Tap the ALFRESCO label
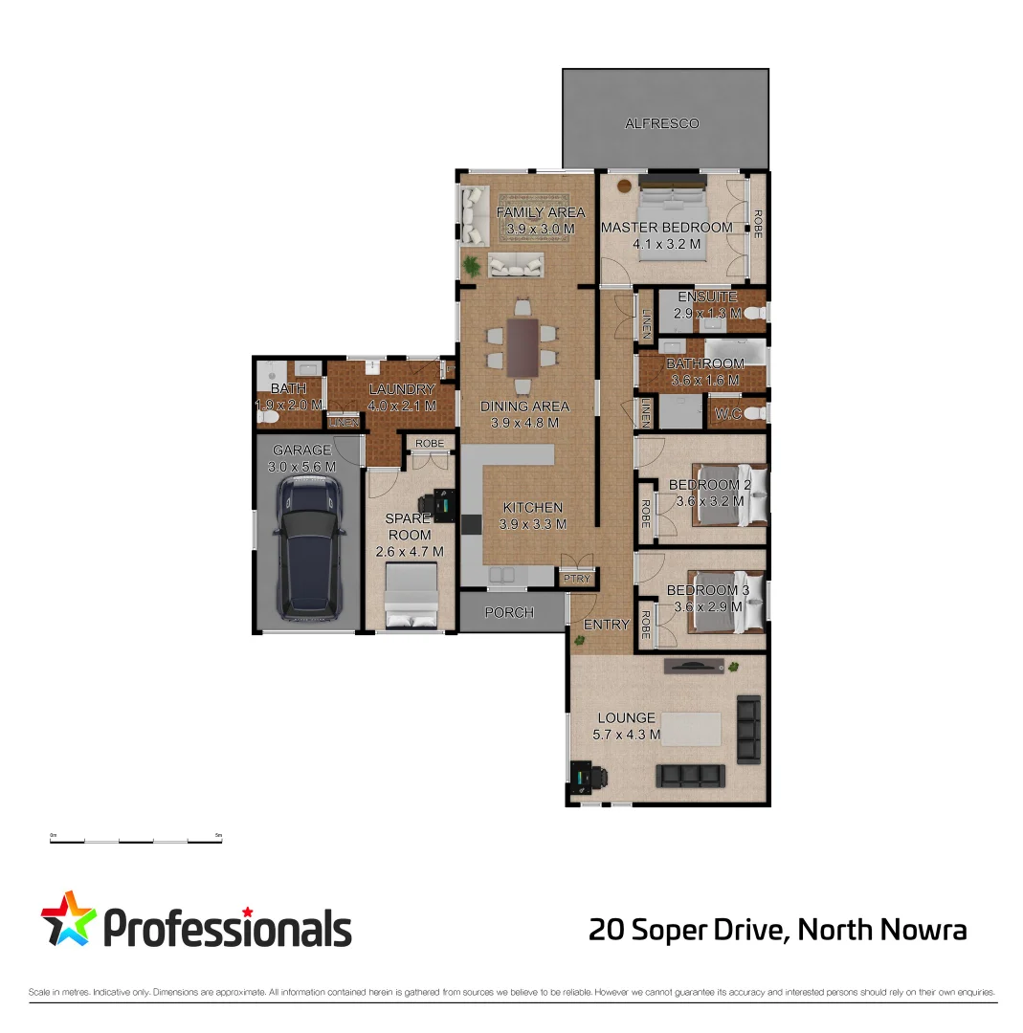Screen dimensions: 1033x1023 (662, 123)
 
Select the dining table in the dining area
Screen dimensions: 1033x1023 (523, 346)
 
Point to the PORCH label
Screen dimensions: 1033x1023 (509, 612)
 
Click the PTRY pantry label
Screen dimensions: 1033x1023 (576, 579)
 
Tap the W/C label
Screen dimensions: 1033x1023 (728, 414)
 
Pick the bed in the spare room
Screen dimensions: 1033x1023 (411, 595)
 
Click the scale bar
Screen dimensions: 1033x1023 (136, 841)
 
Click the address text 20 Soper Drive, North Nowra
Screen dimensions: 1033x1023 (778, 930)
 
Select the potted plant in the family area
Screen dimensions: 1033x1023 (471, 265)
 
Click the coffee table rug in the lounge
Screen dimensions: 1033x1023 (691, 730)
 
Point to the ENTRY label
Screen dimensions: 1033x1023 (607, 625)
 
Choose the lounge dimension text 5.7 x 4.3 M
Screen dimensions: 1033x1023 (627, 735)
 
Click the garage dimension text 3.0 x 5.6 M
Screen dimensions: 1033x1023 (302, 467)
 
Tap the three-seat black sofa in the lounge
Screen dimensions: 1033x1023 (687, 774)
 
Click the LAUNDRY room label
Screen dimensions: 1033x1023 (402, 389)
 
